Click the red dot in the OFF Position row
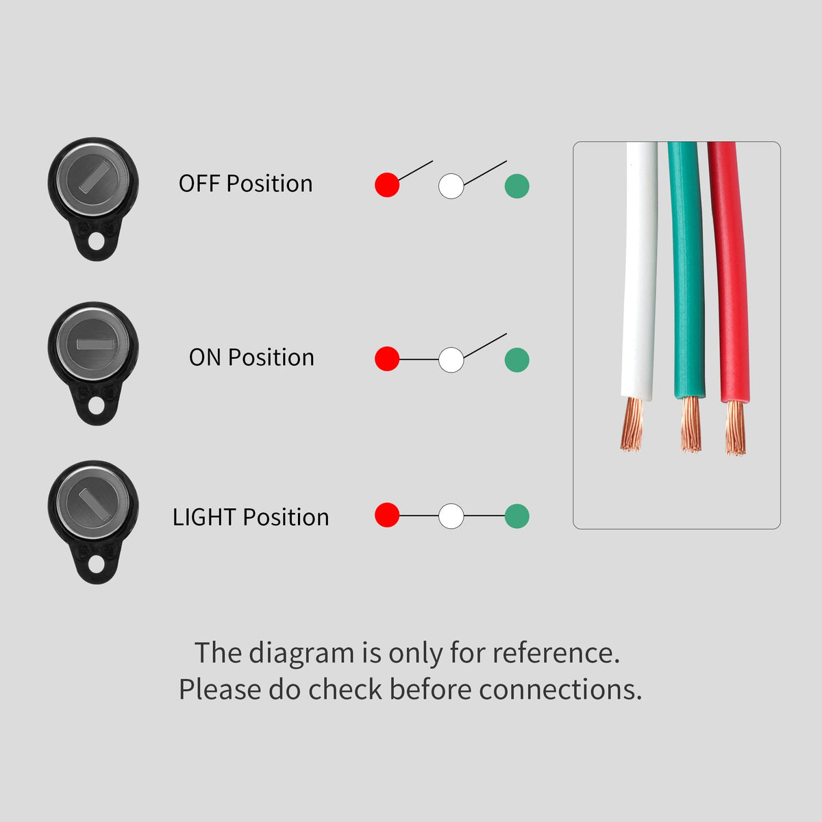387,185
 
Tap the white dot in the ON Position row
451,360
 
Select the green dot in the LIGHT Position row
517,516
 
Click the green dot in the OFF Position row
517,186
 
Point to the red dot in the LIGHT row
387,515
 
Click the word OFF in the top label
199,184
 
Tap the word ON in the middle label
205,358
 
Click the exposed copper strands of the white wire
633,425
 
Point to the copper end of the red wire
736,429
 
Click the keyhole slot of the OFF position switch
92,176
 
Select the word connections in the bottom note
560,690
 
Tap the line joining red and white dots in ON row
419,360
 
